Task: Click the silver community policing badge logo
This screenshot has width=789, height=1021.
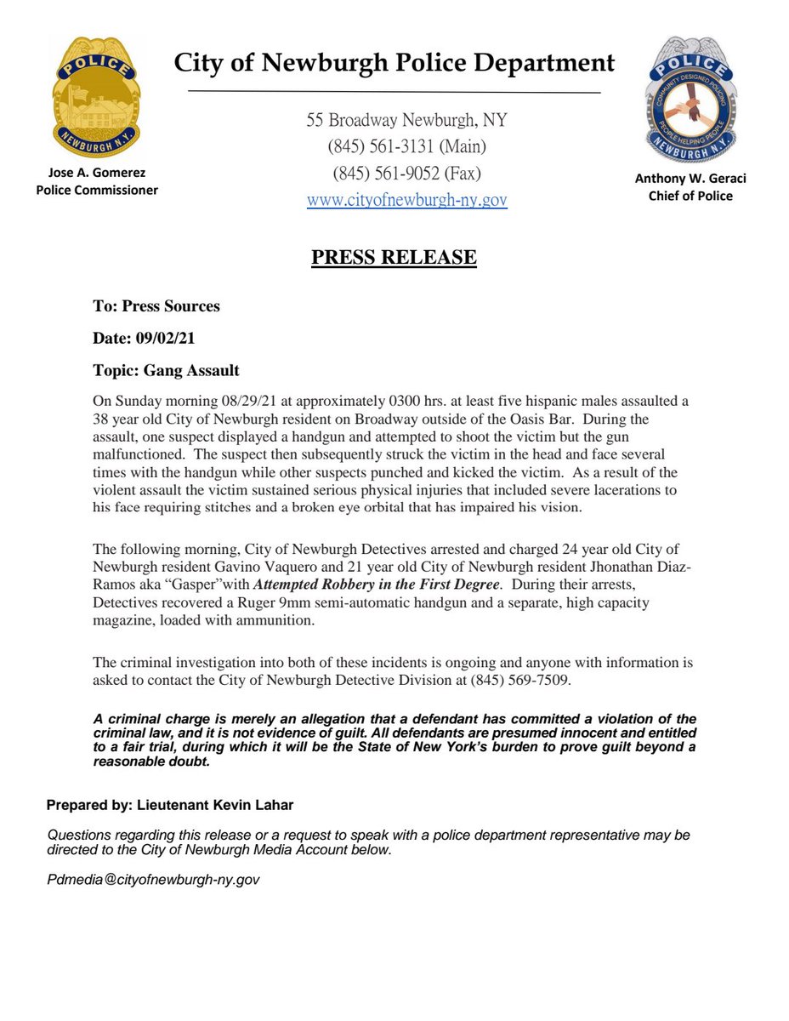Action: (690, 100)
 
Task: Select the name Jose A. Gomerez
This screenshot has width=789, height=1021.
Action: (96, 173)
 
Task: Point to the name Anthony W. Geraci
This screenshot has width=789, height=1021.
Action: (690, 179)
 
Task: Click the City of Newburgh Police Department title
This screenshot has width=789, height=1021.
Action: (394, 63)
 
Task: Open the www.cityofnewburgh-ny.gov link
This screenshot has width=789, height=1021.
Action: (406, 201)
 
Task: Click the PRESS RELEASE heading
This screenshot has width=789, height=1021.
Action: (394, 257)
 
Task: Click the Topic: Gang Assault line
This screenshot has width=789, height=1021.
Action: (166, 370)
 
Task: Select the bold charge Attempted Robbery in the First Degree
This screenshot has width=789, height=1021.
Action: (376, 584)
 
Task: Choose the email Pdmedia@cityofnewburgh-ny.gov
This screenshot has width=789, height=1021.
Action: (153, 880)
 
